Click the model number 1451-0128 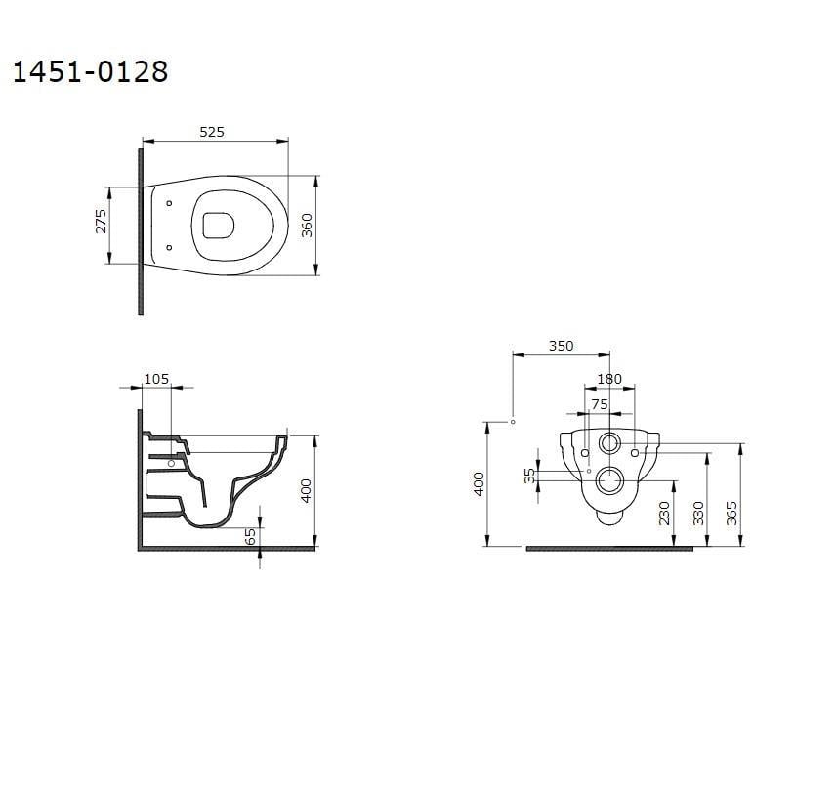click(x=90, y=72)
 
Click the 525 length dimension click(x=212, y=132)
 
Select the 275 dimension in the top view click(x=101, y=221)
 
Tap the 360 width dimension click(x=307, y=227)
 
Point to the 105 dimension click(x=156, y=378)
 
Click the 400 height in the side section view click(x=306, y=490)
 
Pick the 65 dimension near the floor click(x=251, y=536)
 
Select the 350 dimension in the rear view click(x=561, y=346)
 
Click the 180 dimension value click(x=608, y=378)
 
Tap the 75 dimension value click(x=599, y=402)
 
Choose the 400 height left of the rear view click(x=479, y=483)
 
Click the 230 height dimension click(x=665, y=513)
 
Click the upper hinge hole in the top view click(x=169, y=204)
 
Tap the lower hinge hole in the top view click(x=169, y=247)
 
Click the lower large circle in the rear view click(x=610, y=479)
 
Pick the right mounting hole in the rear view click(x=635, y=453)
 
